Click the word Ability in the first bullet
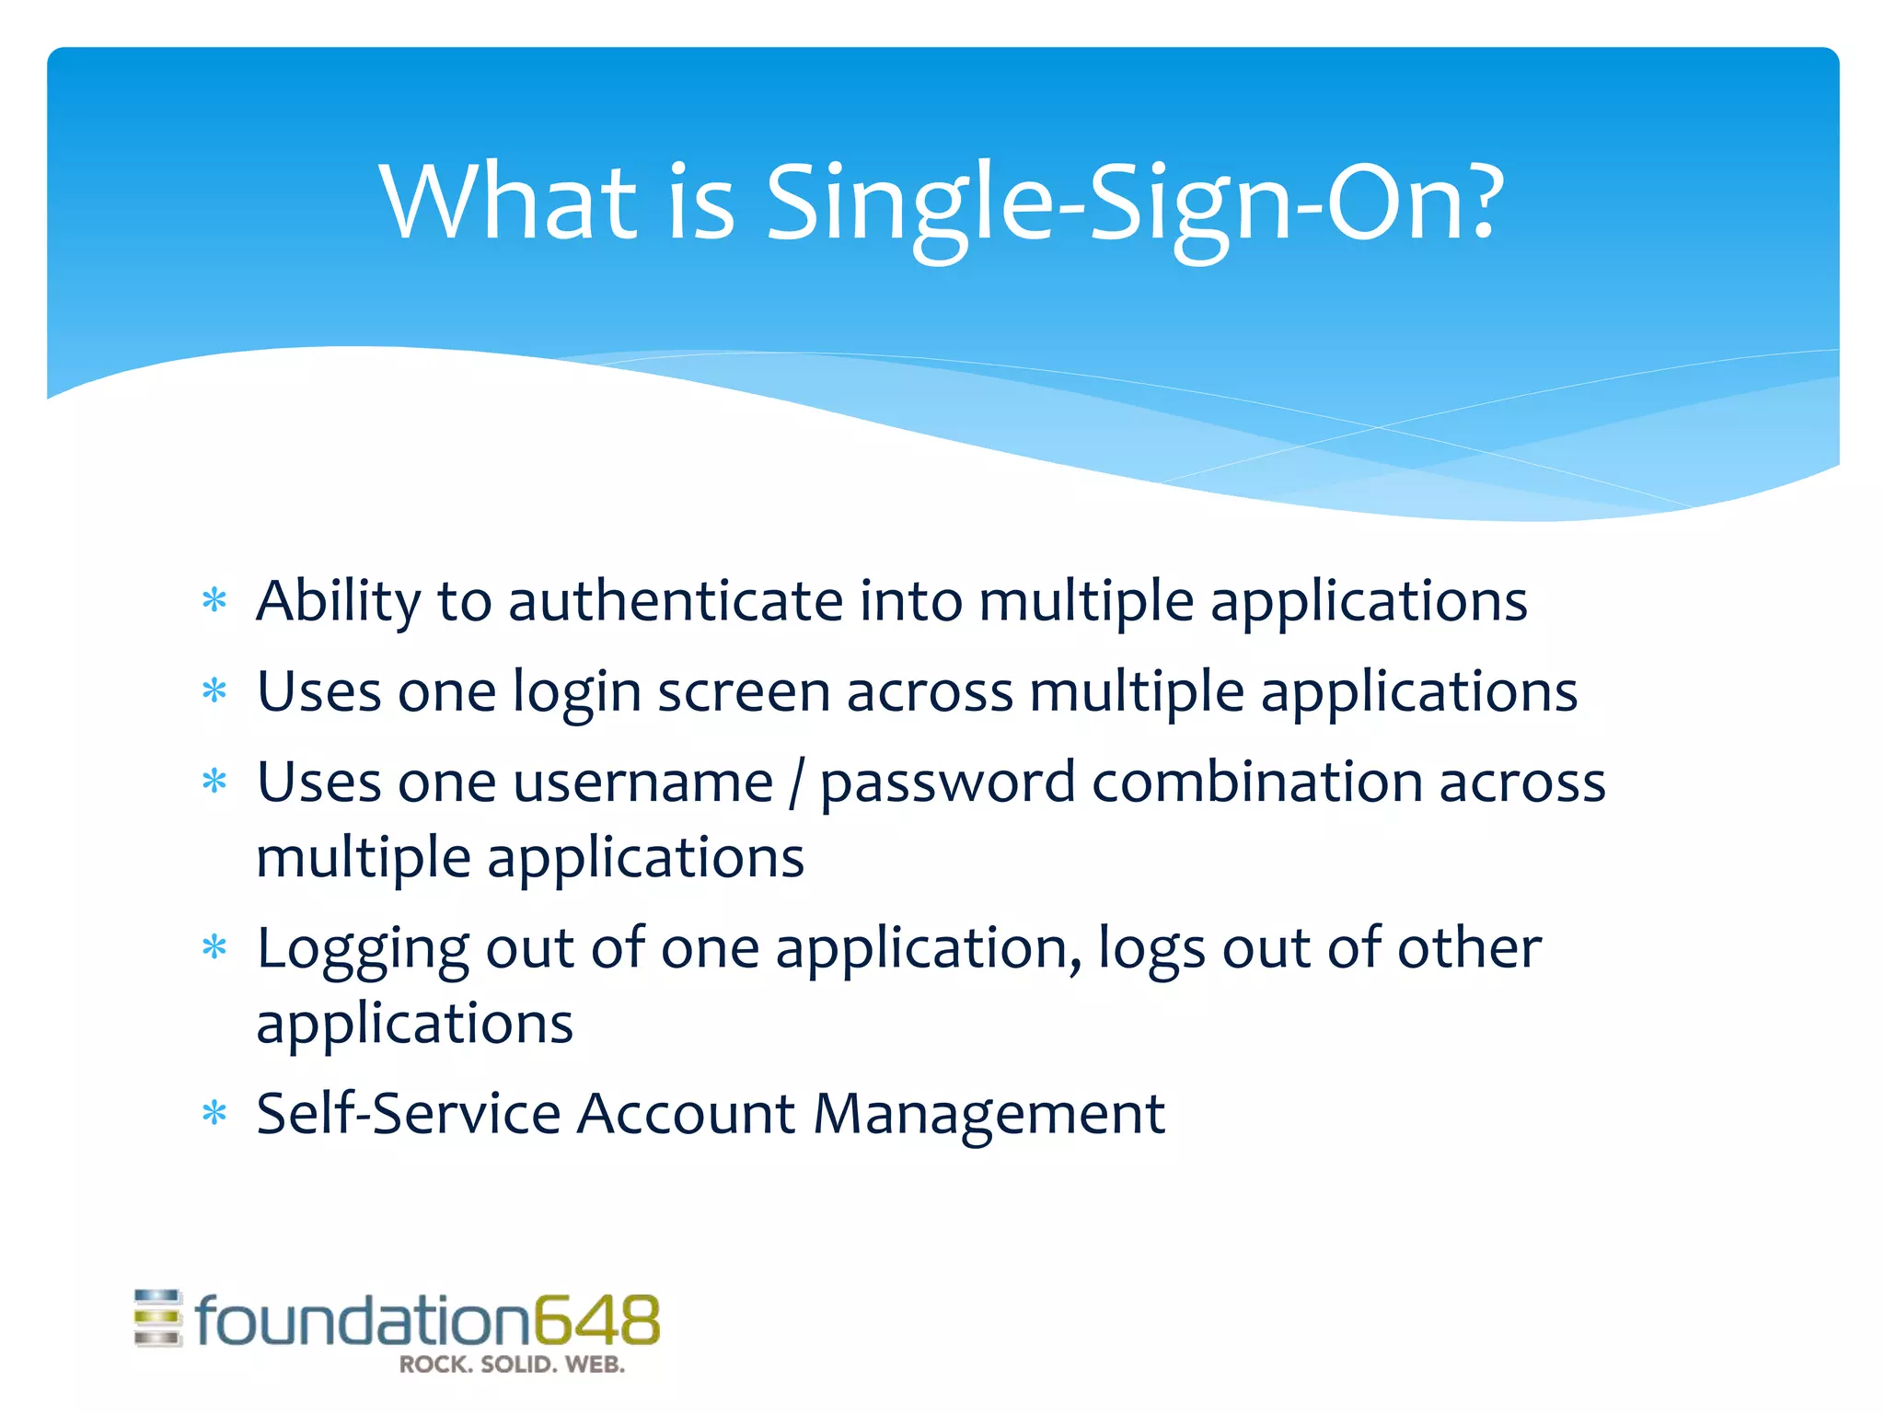click(338, 603)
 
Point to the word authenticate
click(675, 601)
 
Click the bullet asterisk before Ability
click(214, 602)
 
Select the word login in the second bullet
click(577, 693)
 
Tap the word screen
click(744, 691)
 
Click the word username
click(643, 783)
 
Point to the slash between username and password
click(796, 783)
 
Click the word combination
click(1256, 782)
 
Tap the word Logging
click(363, 950)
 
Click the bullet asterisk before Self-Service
click(214, 1114)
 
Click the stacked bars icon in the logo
click(158, 1318)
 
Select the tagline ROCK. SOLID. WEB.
click(512, 1365)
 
